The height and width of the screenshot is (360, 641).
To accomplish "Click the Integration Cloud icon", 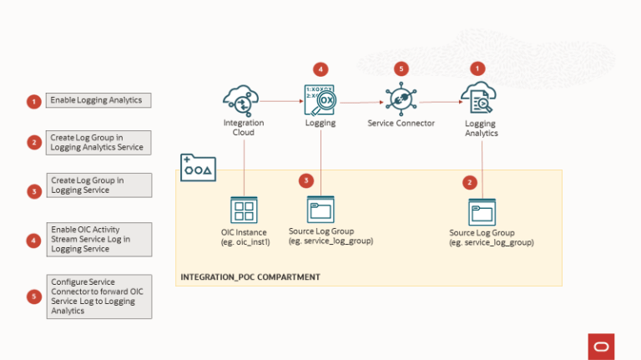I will pos(243,101).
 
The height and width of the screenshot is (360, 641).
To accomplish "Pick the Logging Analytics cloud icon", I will pos(479,100).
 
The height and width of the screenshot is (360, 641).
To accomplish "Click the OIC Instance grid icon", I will pos(244,210).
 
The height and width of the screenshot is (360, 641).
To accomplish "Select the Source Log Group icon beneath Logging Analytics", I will pos(482,211).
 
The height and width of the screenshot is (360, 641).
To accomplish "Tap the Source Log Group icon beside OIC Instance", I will pos(320,210).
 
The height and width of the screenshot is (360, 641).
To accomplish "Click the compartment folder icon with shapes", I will pos(198,167).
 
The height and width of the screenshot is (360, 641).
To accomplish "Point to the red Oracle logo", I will pos(601,345).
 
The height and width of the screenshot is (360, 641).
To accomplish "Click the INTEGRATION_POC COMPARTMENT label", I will pos(250,276).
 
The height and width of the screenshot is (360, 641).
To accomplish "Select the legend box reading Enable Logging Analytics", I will pos(98,101).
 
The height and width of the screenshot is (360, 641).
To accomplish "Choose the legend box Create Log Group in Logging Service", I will pos(98,185).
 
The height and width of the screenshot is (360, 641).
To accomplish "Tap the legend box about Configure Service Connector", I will pos(98,297).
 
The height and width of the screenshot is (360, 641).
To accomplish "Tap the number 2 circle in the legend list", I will pos(33,143).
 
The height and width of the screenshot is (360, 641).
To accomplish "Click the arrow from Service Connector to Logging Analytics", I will pos(441,102).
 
